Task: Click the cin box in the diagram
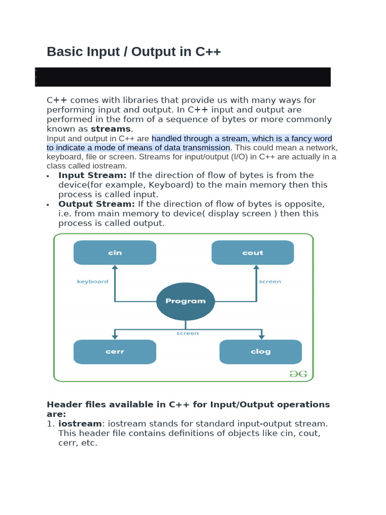point(115,252)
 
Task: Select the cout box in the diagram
point(252,252)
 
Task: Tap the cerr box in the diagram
point(115,352)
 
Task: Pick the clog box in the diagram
point(260,352)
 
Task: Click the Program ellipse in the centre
point(185,301)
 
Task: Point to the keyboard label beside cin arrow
point(92,282)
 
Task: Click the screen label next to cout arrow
point(270,282)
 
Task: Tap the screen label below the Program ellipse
point(187,333)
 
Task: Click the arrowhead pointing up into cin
point(115,268)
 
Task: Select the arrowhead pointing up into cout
point(256,268)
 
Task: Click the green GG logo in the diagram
point(298,374)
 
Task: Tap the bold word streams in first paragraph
point(111,129)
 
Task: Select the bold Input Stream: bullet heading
point(92,175)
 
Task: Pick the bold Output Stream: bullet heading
point(96,204)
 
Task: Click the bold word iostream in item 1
point(79,424)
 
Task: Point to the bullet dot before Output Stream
point(48,205)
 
